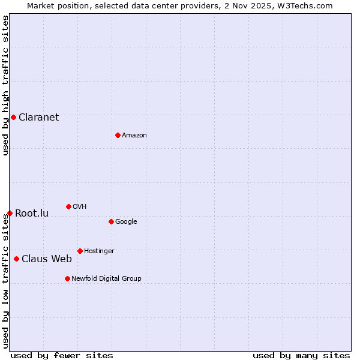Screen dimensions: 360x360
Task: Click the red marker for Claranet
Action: click(13, 117)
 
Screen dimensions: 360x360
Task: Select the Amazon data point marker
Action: click(118, 135)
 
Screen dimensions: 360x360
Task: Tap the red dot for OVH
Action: click(68, 206)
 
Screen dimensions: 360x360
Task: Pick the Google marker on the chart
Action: click(111, 221)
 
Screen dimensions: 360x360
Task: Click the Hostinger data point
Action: click(80, 251)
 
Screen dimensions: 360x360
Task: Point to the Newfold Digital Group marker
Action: click(67, 278)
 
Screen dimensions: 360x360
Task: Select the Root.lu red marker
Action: click(10, 213)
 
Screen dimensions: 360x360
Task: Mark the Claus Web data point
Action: click(16, 259)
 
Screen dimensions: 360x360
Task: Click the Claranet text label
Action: click(38, 117)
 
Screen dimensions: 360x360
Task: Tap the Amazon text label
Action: click(134, 135)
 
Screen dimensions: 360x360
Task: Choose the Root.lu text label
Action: click(32, 213)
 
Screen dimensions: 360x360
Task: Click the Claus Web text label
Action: click(46, 259)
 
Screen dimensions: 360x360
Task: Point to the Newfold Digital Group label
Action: click(106, 278)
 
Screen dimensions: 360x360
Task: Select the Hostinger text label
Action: click(99, 251)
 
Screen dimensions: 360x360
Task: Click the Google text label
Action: click(126, 221)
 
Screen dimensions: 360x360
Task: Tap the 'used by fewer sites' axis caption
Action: click(62, 355)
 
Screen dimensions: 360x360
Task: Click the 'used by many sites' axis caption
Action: click(301, 355)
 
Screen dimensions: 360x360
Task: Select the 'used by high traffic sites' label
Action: click(5, 85)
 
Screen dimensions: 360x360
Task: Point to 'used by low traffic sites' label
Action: click(5, 281)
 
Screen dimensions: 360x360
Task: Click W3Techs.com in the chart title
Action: click(307, 5)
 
